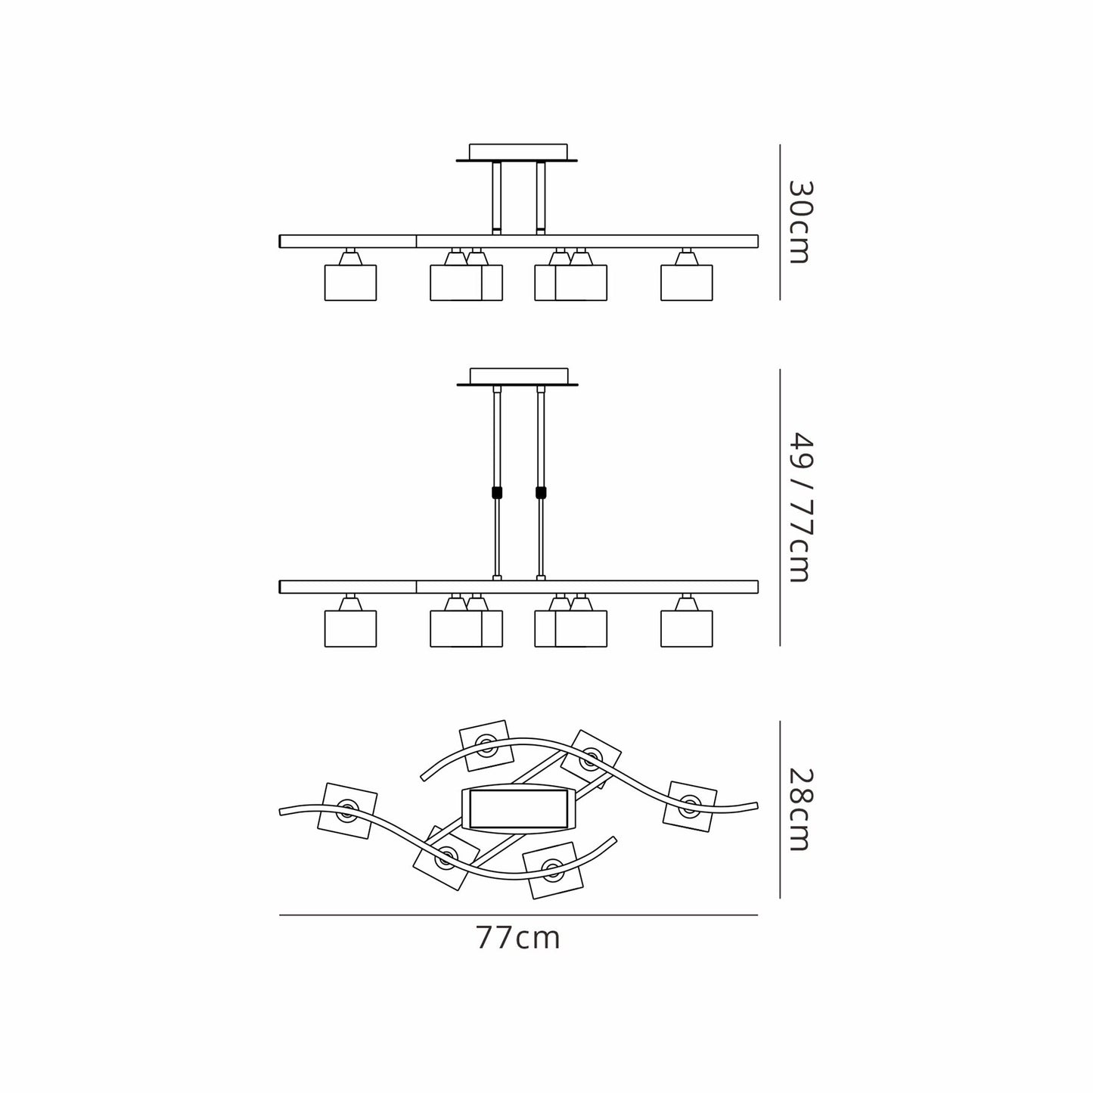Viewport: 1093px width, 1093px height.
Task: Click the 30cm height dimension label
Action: [x=801, y=222]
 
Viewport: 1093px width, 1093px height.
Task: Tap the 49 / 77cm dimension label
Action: [x=801, y=507]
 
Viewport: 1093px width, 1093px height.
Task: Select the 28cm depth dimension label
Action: [x=801, y=809]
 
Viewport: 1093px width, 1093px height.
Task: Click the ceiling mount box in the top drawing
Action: [x=518, y=151]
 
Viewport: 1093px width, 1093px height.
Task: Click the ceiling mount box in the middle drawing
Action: [x=518, y=376]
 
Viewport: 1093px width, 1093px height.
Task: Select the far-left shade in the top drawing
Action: [x=350, y=282]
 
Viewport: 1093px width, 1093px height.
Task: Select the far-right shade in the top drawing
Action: [x=687, y=282]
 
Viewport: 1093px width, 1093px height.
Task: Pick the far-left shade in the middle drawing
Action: [x=350, y=629]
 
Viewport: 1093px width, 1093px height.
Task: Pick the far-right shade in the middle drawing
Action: [x=687, y=629]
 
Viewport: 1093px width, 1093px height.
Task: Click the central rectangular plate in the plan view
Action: [x=519, y=809]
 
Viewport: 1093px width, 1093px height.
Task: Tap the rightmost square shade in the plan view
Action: [x=691, y=808]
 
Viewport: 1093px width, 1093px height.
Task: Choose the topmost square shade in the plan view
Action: [x=486, y=745]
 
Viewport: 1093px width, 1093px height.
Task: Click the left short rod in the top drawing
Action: [x=497, y=198]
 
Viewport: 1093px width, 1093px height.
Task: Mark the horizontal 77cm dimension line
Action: [x=518, y=915]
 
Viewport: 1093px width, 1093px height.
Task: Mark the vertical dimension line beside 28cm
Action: [x=780, y=809]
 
